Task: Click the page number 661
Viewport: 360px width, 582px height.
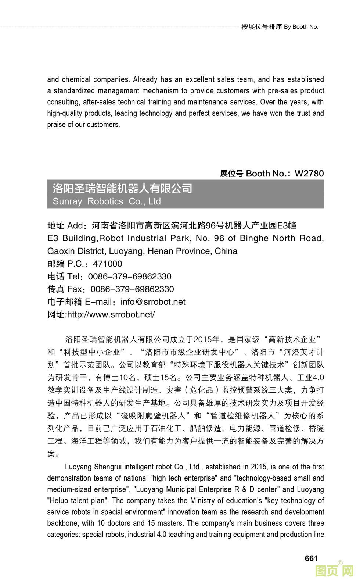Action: click(311, 558)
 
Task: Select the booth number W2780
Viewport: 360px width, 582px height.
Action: click(309, 174)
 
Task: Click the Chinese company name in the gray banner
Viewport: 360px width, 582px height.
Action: click(122, 189)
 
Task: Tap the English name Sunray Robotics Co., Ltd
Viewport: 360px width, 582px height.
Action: click(107, 201)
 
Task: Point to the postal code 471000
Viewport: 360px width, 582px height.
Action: click(108, 264)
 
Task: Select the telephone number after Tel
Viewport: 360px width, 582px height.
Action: click(130, 276)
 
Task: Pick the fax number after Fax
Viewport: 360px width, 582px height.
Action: click(132, 289)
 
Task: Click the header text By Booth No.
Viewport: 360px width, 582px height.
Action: click(301, 27)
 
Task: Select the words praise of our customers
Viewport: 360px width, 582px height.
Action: click(83, 125)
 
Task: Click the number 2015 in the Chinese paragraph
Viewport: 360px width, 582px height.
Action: click(202, 339)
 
